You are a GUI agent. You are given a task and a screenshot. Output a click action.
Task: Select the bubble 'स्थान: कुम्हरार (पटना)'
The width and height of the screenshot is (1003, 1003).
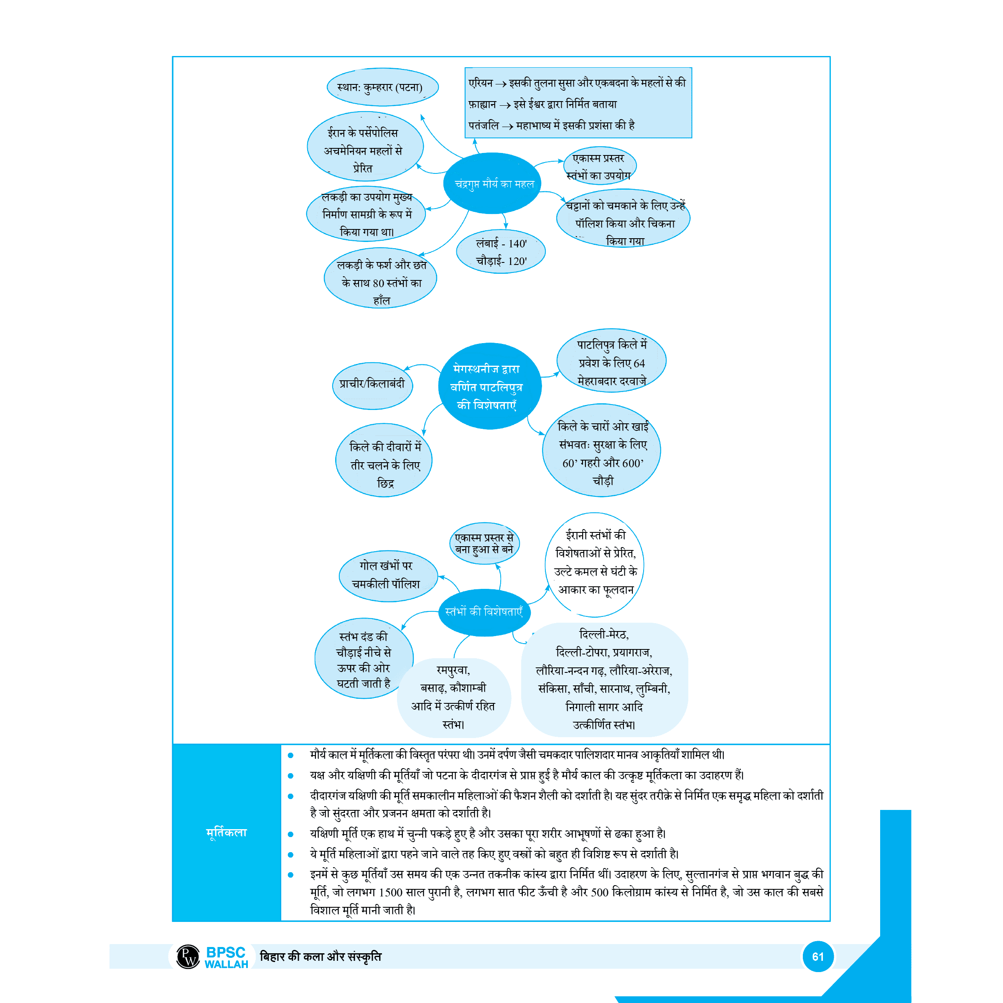(x=382, y=87)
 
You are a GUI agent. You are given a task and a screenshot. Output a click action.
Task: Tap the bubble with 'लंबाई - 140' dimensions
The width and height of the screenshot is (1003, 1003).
(x=501, y=252)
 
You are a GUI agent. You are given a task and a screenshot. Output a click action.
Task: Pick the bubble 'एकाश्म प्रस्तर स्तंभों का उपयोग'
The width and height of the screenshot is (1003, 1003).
(x=600, y=166)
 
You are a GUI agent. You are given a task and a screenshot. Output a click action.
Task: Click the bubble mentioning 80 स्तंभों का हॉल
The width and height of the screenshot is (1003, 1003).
(x=381, y=282)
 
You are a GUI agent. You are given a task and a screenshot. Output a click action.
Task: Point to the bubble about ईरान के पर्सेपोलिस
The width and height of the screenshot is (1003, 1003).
(x=364, y=150)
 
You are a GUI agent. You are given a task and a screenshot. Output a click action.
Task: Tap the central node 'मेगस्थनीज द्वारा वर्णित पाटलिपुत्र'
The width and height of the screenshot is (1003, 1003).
(x=489, y=386)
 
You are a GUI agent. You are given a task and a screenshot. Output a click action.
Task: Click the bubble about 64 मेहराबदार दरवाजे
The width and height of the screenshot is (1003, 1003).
(x=611, y=362)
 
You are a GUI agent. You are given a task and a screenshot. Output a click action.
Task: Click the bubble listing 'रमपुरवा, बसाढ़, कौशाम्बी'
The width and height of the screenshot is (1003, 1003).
(x=453, y=697)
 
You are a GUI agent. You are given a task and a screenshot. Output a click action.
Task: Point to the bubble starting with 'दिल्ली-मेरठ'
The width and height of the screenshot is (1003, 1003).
(x=604, y=680)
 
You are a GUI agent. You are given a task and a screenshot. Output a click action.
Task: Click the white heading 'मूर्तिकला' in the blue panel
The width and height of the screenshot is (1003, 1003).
(x=227, y=832)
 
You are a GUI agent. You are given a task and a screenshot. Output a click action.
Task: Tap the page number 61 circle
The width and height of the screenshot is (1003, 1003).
(x=818, y=956)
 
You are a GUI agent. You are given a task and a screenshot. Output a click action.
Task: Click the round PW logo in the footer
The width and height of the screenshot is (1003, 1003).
(x=188, y=956)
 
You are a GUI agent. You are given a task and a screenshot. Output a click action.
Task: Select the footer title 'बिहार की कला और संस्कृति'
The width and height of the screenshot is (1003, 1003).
(x=320, y=956)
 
